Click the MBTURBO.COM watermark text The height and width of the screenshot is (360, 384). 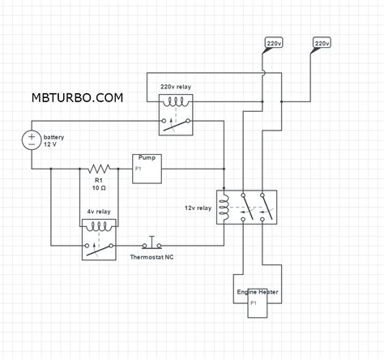pyautogui.click(x=78, y=97)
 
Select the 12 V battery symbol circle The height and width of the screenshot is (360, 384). pyautogui.click(x=31, y=139)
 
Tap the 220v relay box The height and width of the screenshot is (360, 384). pyautogui.click(x=176, y=113)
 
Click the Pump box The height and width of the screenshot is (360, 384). pyautogui.click(x=147, y=168)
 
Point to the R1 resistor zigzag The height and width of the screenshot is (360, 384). pyautogui.click(x=99, y=169)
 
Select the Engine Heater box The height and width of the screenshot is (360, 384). pyautogui.click(x=258, y=301)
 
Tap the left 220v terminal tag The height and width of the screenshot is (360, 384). pyautogui.click(x=275, y=41)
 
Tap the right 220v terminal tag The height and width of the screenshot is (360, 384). pyautogui.click(x=322, y=41)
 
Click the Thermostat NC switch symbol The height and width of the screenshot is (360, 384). pyautogui.click(x=150, y=243)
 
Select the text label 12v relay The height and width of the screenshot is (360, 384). pyautogui.click(x=197, y=208)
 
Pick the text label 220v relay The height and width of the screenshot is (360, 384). pyautogui.click(x=175, y=86)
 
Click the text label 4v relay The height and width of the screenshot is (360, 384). pyautogui.click(x=97, y=212)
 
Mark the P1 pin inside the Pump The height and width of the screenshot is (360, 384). pyautogui.click(x=139, y=169)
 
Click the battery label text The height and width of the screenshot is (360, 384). pyautogui.click(x=54, y=138)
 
